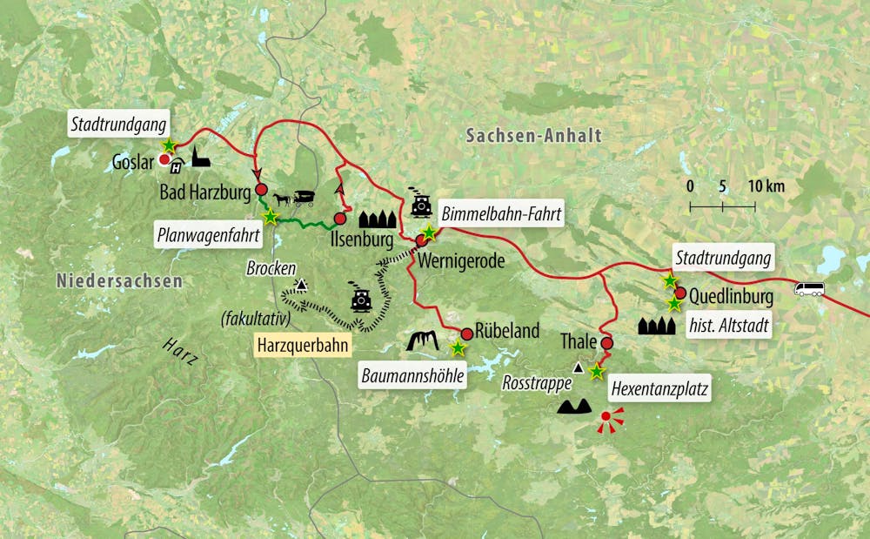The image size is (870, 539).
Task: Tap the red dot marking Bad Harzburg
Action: point(260,189)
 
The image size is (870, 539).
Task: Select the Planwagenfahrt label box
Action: point(199,233)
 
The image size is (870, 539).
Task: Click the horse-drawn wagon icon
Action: point(294,198)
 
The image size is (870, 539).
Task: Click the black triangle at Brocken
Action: point(301,284)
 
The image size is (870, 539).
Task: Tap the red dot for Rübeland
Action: point(466,333)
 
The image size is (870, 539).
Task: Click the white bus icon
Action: point(809,289)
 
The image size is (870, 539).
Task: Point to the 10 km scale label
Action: point(765,185)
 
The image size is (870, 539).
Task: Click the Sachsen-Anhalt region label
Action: point(533,135)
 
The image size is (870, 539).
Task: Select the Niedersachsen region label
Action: point(120,280)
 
